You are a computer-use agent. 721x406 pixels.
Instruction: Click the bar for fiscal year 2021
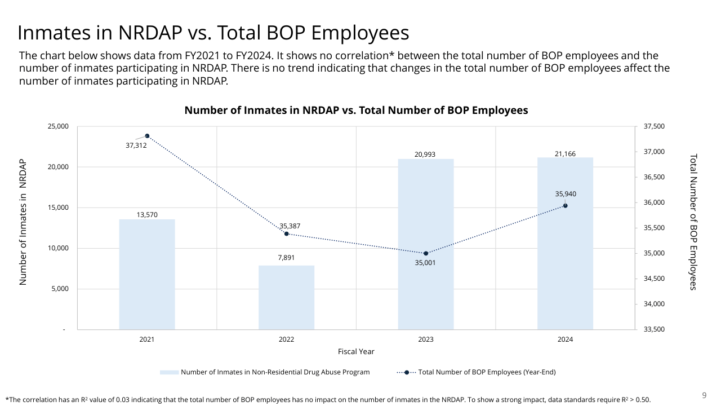[147, 274]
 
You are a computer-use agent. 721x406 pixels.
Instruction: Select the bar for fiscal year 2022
[286, 297]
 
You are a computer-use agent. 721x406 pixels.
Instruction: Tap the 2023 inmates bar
[426, 244]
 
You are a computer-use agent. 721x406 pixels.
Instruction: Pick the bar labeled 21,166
[565, 243]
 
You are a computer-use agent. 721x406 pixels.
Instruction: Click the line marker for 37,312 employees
[147, 136]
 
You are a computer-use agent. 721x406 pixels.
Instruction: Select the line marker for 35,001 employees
[426, 253]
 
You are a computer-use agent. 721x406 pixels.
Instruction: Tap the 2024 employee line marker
[565, 206]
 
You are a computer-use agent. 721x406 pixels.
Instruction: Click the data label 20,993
[426, 154]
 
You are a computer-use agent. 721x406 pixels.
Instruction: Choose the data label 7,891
[286, 258]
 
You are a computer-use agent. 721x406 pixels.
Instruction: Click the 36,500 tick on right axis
[653, 177]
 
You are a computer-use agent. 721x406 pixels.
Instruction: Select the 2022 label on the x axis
[286, 339]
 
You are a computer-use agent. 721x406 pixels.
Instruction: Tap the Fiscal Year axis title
[356, 351]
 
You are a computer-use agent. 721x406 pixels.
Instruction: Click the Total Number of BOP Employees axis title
[693, 222]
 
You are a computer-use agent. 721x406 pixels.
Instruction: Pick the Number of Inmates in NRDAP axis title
[23, 222]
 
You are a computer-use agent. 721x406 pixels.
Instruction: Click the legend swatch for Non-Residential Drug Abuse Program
[169, 372]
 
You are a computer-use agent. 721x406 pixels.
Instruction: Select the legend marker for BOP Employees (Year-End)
[406, 372]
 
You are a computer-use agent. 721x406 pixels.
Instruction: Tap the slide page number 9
[704, 395]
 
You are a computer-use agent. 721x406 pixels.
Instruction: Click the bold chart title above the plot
[356, 111]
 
